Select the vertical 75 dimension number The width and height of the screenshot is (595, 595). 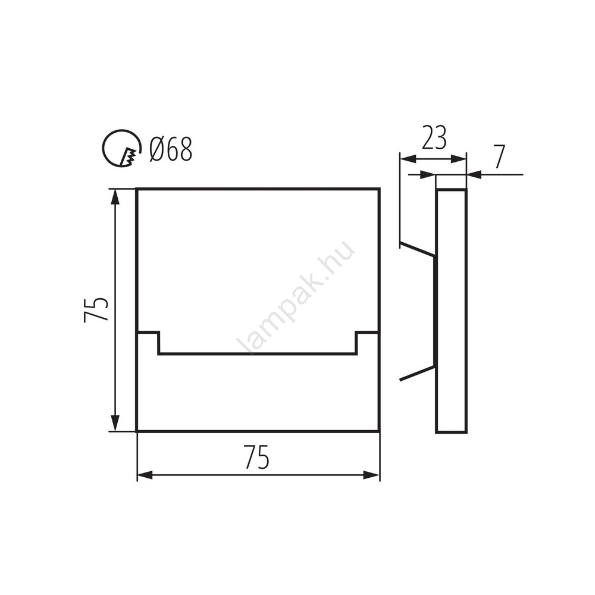[x=96, y=309]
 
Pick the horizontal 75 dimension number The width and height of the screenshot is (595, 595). [x=257, y=457]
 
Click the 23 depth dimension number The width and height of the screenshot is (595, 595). [x=434, y=137]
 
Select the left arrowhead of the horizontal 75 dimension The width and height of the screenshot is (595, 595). [x=145, y=475]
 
